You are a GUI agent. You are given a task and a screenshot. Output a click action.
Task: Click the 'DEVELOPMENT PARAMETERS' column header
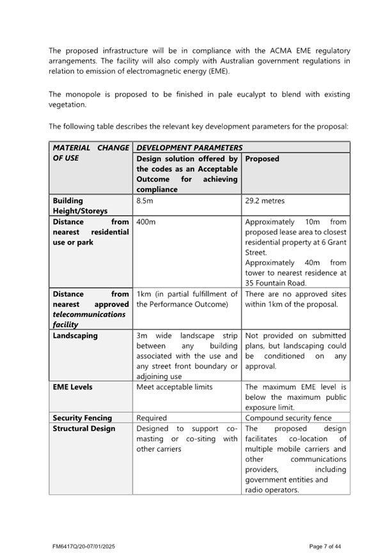coord(189,147)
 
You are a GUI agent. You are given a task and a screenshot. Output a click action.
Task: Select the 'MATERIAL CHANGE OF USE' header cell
coord(90,153)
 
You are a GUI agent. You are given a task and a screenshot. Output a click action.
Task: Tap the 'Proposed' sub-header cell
coord(262,159)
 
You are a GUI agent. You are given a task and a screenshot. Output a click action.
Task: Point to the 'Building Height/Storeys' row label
coord(80,205)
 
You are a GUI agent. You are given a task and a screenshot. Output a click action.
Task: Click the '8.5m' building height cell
coord(145,201)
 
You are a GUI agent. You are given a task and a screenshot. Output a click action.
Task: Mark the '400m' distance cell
coord(146,222)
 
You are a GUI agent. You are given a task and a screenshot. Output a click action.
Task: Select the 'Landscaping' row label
coord(75,335)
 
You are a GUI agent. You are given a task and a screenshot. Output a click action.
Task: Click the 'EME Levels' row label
coord(72,387)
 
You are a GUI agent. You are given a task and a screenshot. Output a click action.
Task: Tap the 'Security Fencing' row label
coord(82,418)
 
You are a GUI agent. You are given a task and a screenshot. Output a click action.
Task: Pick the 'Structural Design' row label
coord(84,429)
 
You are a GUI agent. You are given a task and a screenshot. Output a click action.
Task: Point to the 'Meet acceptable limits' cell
coord(175,387)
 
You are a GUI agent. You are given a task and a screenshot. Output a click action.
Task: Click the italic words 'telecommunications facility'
coord(89,320)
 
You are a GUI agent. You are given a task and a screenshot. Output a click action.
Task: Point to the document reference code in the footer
coord(83,546)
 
